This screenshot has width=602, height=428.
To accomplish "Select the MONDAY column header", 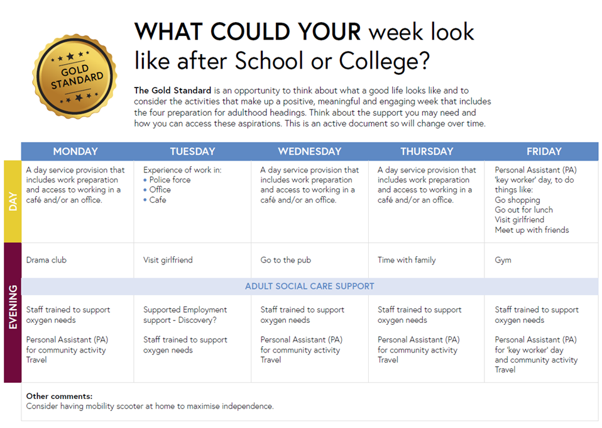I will pos(75,151).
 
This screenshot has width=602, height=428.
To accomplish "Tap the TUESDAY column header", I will pos(192,151).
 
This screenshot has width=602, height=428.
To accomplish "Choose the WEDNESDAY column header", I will pos(309,151).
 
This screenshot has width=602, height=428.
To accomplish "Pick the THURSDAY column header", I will pos(427,151).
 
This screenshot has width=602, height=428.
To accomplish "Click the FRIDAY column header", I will pos(544,151).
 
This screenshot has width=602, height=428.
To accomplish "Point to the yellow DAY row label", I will pos(13,201).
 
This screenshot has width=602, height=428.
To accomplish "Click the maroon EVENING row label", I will pos(13,312).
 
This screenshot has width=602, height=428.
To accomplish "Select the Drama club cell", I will pos(47,260).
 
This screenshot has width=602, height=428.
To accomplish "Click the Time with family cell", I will pos(407,260).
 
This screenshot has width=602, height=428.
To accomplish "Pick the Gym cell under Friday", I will pos(503,260).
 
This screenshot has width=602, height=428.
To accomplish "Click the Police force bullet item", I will pos(170,180).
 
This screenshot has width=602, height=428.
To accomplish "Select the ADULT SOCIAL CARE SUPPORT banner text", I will pos(309,286).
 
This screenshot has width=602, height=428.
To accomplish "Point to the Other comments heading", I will pos(59,397).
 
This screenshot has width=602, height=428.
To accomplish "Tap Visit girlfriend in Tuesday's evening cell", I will pos(168,260).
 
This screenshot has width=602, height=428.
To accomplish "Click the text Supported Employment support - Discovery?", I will pos(185,315).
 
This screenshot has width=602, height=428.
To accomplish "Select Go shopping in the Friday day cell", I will pos(517,200).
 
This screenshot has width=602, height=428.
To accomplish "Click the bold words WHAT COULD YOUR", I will pos(248,31).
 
